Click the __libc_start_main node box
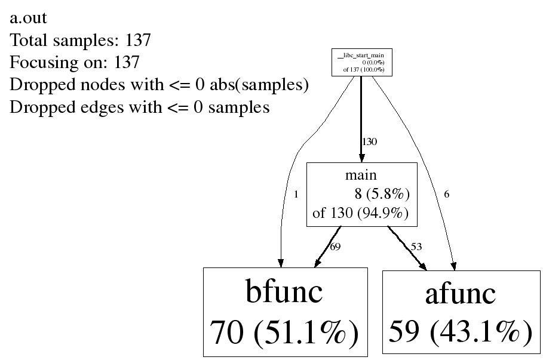(361, 63)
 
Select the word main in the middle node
(361, 175)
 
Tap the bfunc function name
(284, 292)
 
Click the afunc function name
(460, 294)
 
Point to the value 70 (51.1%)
(284, 333)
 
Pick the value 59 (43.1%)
(460, 331)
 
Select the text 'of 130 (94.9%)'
(361, 213)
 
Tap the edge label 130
(369, 142)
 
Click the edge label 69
(335, 247)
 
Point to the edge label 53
(416, 247)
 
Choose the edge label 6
(446, 194)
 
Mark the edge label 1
(296, 194)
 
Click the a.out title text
(29, 19)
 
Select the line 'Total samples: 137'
(80, 41)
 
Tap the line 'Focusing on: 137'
(75, 63)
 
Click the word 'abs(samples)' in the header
(259, 85)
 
